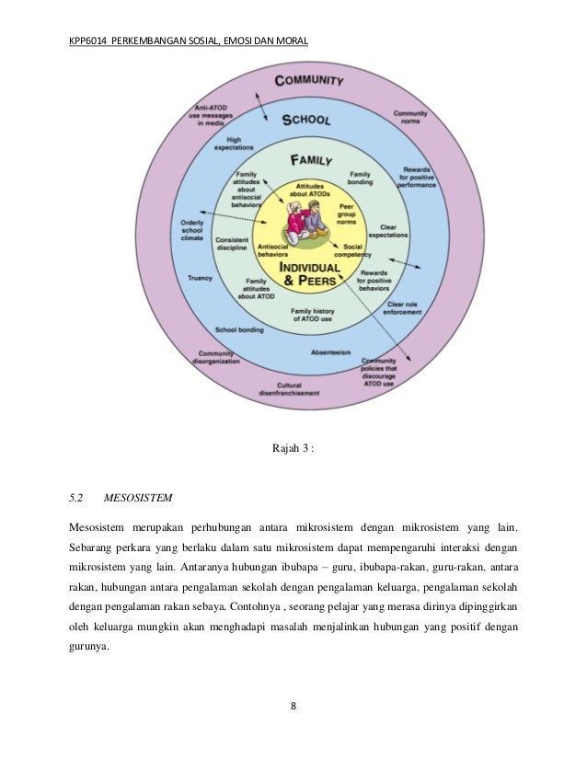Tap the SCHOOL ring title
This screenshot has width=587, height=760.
(305, 119)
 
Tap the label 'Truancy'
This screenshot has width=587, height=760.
(200, 277)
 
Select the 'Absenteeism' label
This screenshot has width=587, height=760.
(329, 352)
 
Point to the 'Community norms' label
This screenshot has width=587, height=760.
(410, 118)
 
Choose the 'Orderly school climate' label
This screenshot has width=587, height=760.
(191, 229)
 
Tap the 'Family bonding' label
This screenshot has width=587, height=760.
(360, 178)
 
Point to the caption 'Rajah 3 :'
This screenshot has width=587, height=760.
(293, 448)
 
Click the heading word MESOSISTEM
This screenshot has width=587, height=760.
(137, 500)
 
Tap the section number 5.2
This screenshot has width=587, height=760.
(76, 500)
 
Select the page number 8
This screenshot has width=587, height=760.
(293, 707)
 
